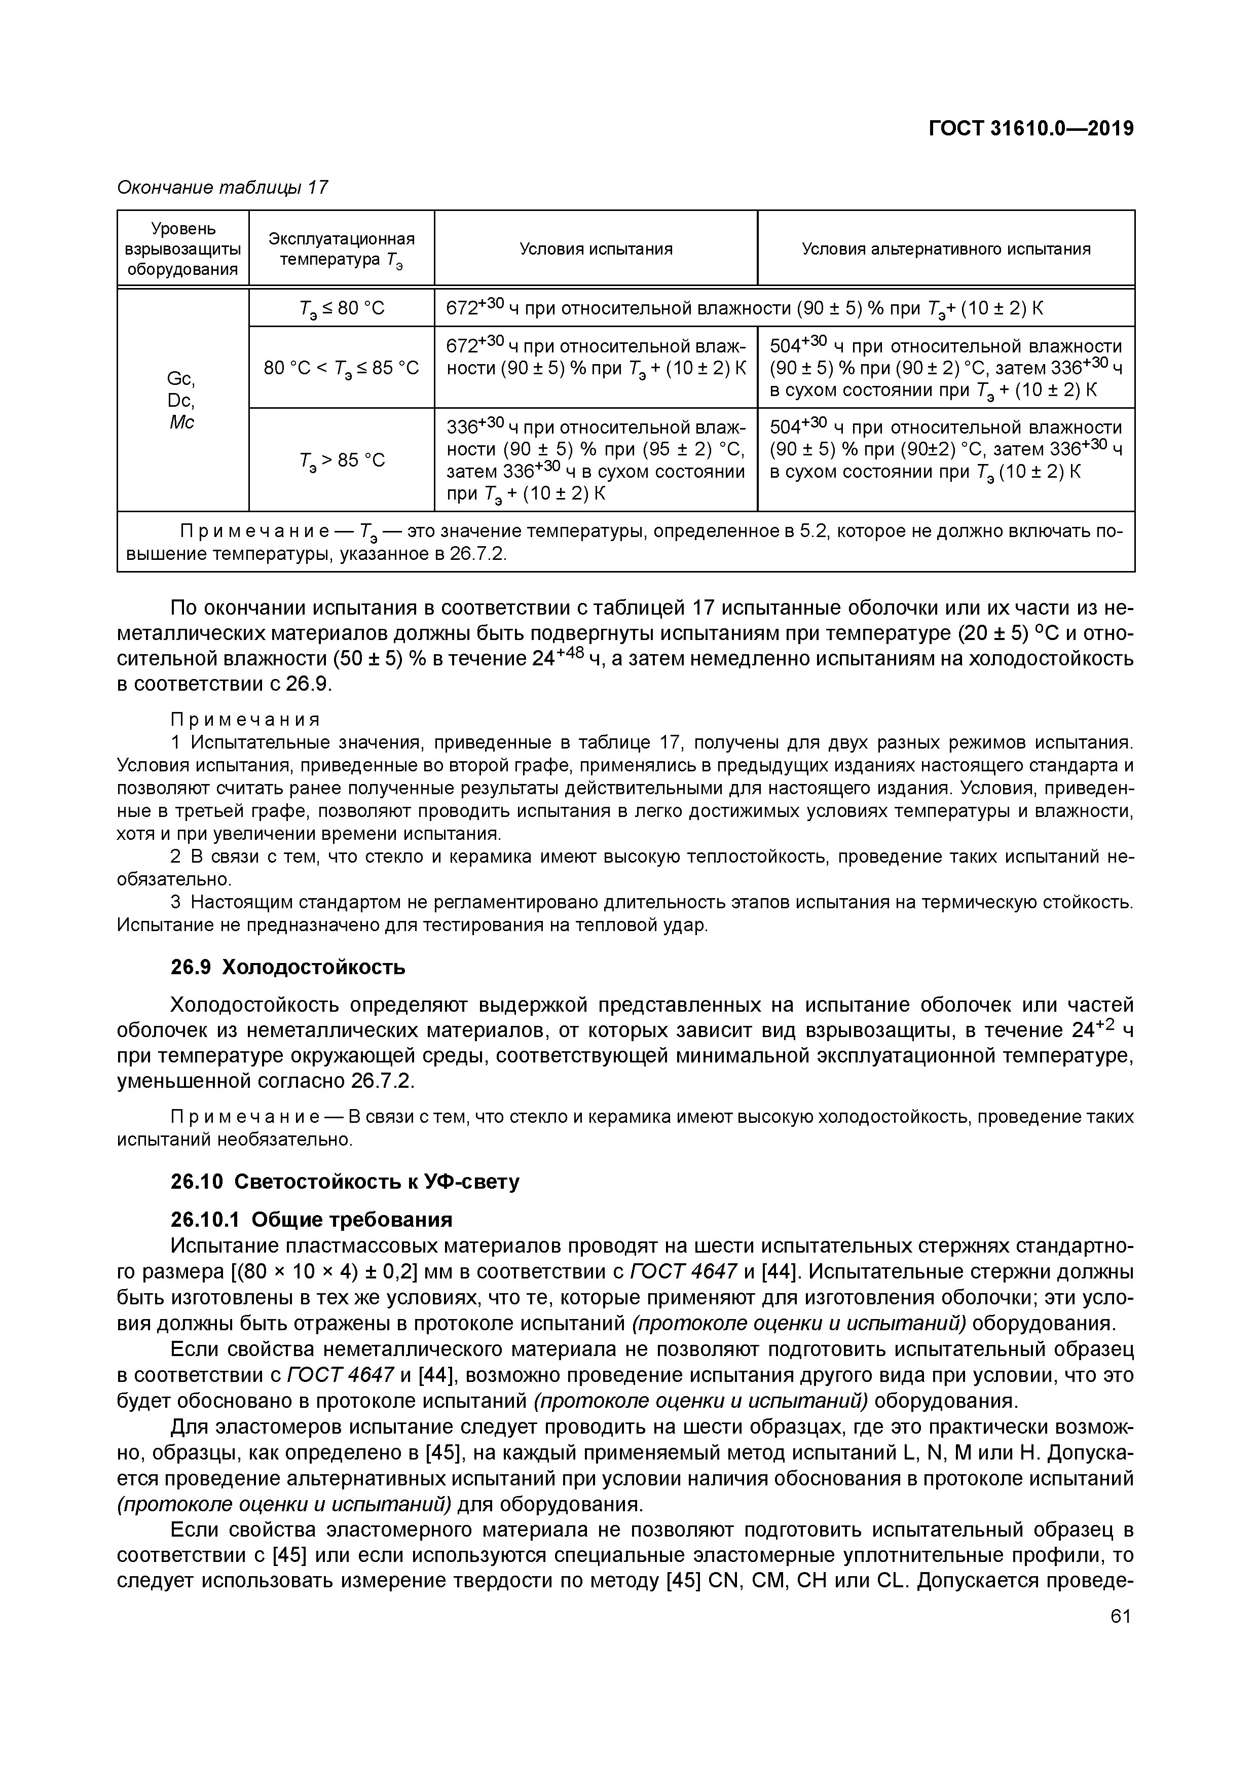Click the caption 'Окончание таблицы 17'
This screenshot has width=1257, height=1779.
(x=223, y=188)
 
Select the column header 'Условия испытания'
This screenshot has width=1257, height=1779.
(x=595, y=248)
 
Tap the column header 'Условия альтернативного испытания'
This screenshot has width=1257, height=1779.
(x=946, y=248)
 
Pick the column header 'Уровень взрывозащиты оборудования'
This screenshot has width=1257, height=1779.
(x=183, y=248)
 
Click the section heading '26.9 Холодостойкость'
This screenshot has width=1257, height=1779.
(x=287, y=968)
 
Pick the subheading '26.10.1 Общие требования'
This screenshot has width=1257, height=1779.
(x=311, y=1220)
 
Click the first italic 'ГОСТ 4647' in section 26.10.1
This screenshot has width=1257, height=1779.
(x=683, y=1271)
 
